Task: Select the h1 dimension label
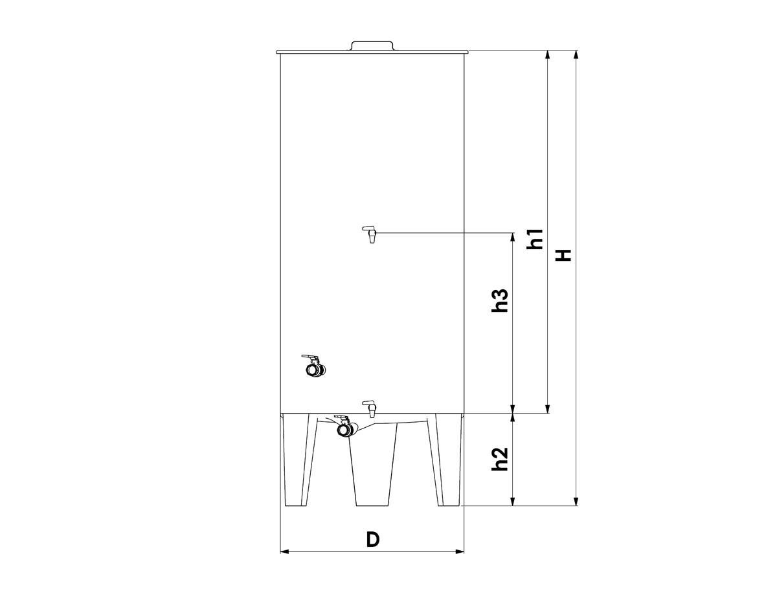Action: tap(535, 239)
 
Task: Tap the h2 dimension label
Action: tap(500, 459)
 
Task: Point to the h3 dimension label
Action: tap(500, 300)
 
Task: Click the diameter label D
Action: tap(372, 540)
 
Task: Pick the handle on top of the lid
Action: tap(372, 46)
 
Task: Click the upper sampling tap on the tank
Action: tap(370, 234)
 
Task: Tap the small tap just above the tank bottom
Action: tap(370, 409)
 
